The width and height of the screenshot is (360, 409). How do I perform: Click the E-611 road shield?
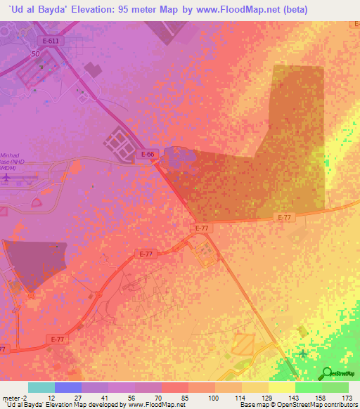tap(50, 41)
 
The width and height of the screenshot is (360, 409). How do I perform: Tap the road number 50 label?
tap(35, 53)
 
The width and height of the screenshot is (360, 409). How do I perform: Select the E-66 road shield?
tap(148, 154)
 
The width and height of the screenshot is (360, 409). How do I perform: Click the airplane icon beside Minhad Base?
tap(7, 178)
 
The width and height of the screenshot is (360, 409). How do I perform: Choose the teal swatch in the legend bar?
tap(41, 387)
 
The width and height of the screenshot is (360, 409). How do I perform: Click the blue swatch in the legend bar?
tap(68, 387)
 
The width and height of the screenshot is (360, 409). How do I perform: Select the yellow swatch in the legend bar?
tap(282, 387)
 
